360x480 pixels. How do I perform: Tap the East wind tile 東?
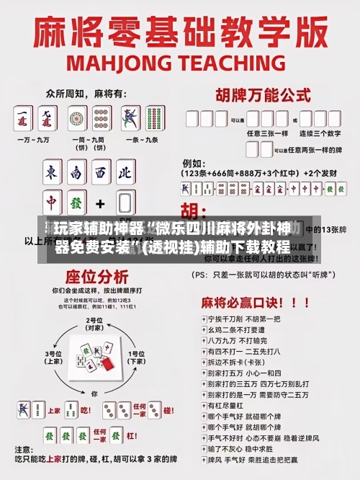(x=52, y=174)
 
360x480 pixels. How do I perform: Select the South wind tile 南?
(x=76, y=174)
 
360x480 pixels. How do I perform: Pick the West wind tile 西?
(x=102, y=174)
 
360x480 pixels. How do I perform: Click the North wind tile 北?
(x=125, y=174)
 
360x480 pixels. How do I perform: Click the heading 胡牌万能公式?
(x=258, y=94)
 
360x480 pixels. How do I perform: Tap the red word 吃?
(x=85, y=410)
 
